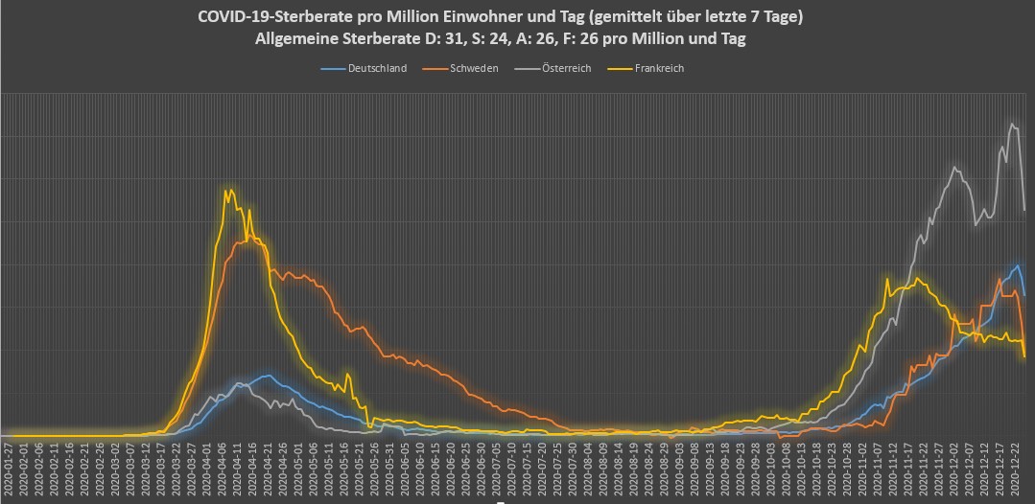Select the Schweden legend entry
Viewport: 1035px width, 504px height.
(x=474, y=68)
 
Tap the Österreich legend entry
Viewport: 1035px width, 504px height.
(x=566, y=68)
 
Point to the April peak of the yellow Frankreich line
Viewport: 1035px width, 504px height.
(x=227, y=190)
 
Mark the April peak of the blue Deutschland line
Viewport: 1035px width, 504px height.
(x=266, y=376)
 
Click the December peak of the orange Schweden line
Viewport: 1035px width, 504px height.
(x=1000, y=279)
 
